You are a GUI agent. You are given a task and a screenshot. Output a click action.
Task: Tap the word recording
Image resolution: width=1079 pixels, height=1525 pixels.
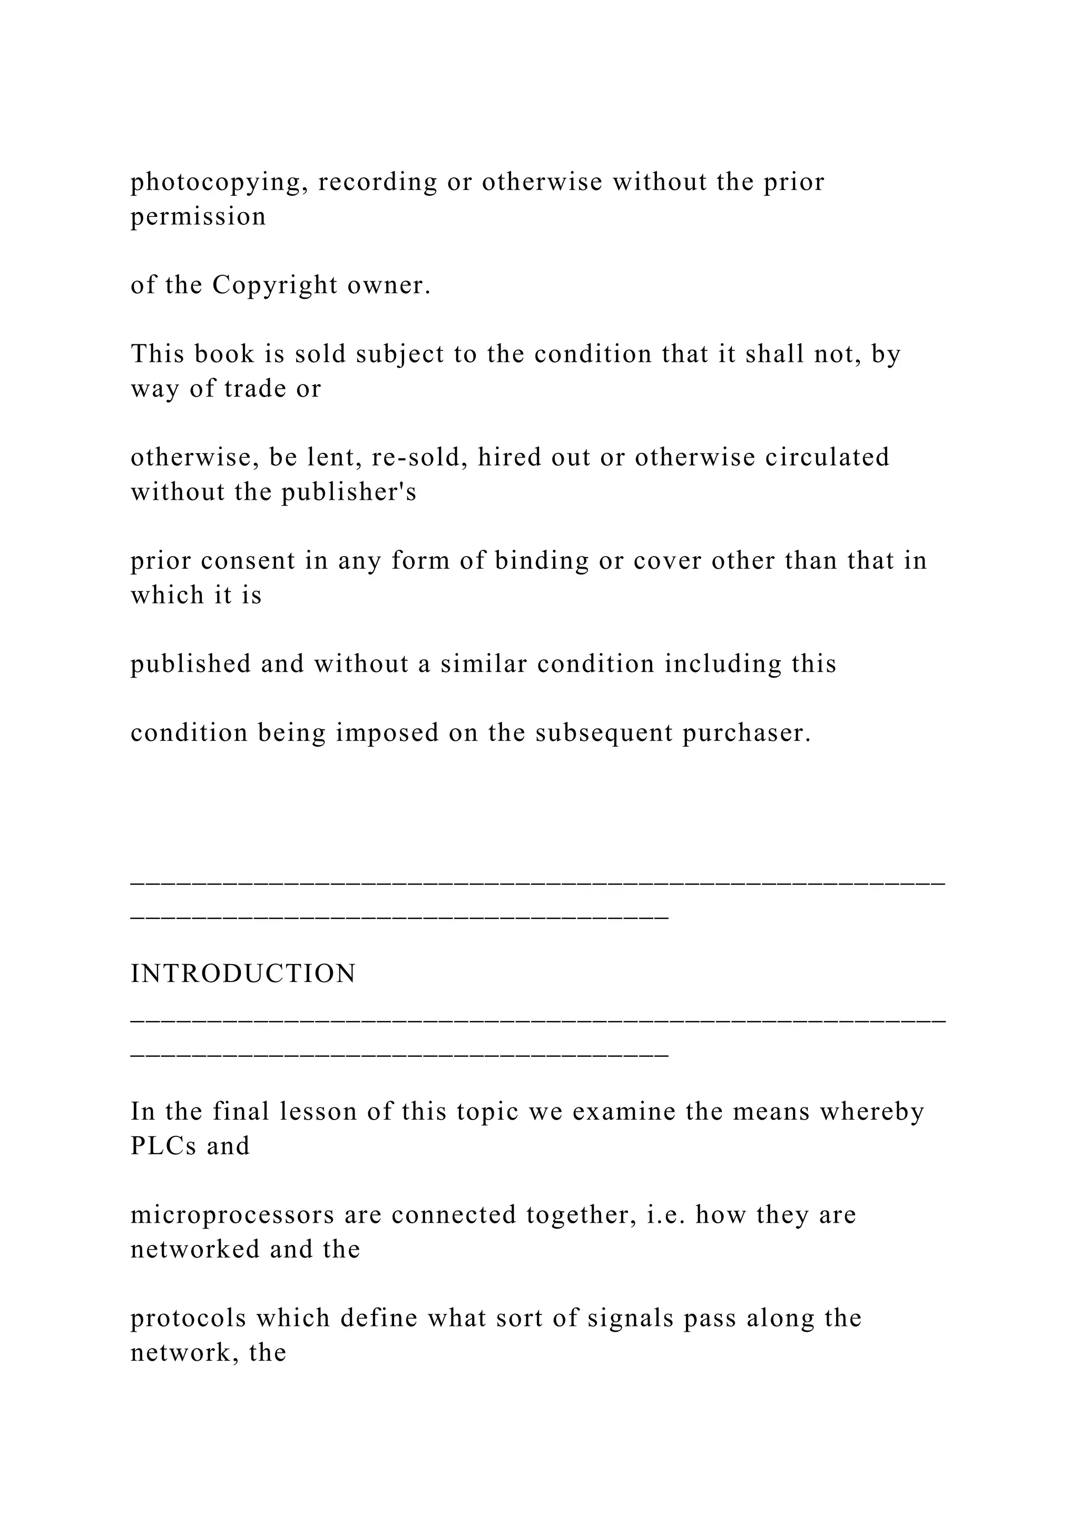tap(377, 183)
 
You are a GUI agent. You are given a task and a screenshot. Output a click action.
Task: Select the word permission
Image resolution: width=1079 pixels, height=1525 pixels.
tap(198, 217)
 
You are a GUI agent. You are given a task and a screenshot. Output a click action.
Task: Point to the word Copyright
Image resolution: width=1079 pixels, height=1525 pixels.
tap(275, 285)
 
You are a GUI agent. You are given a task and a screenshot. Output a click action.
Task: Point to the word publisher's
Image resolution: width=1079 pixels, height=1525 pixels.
tap(349, 492)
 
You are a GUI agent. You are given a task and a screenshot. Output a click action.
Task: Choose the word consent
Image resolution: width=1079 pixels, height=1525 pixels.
tap(247, 561)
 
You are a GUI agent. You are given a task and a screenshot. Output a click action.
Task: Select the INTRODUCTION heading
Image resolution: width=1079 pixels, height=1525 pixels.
tap(243, 974)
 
